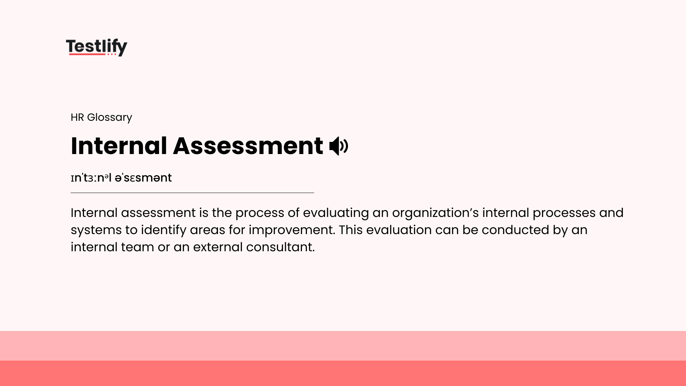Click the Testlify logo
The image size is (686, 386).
[96, 47]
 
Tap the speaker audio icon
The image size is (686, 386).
[338, 146]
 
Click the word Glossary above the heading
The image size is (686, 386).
[109, 117]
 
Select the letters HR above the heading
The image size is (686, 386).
[77, 117]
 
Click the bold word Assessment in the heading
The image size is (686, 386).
[248, 146]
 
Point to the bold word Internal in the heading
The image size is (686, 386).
[119, 146]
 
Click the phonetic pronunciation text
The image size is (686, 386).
[121, 178]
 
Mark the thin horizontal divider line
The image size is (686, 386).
[192, 193]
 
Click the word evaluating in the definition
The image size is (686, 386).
[336, 213]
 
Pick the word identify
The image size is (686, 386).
[163, 230]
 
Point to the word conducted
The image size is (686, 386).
[515, 230]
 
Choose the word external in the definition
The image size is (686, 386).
[218, 247]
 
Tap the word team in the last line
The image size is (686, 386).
[138, 247]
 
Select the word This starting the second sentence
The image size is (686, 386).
[351, 230]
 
